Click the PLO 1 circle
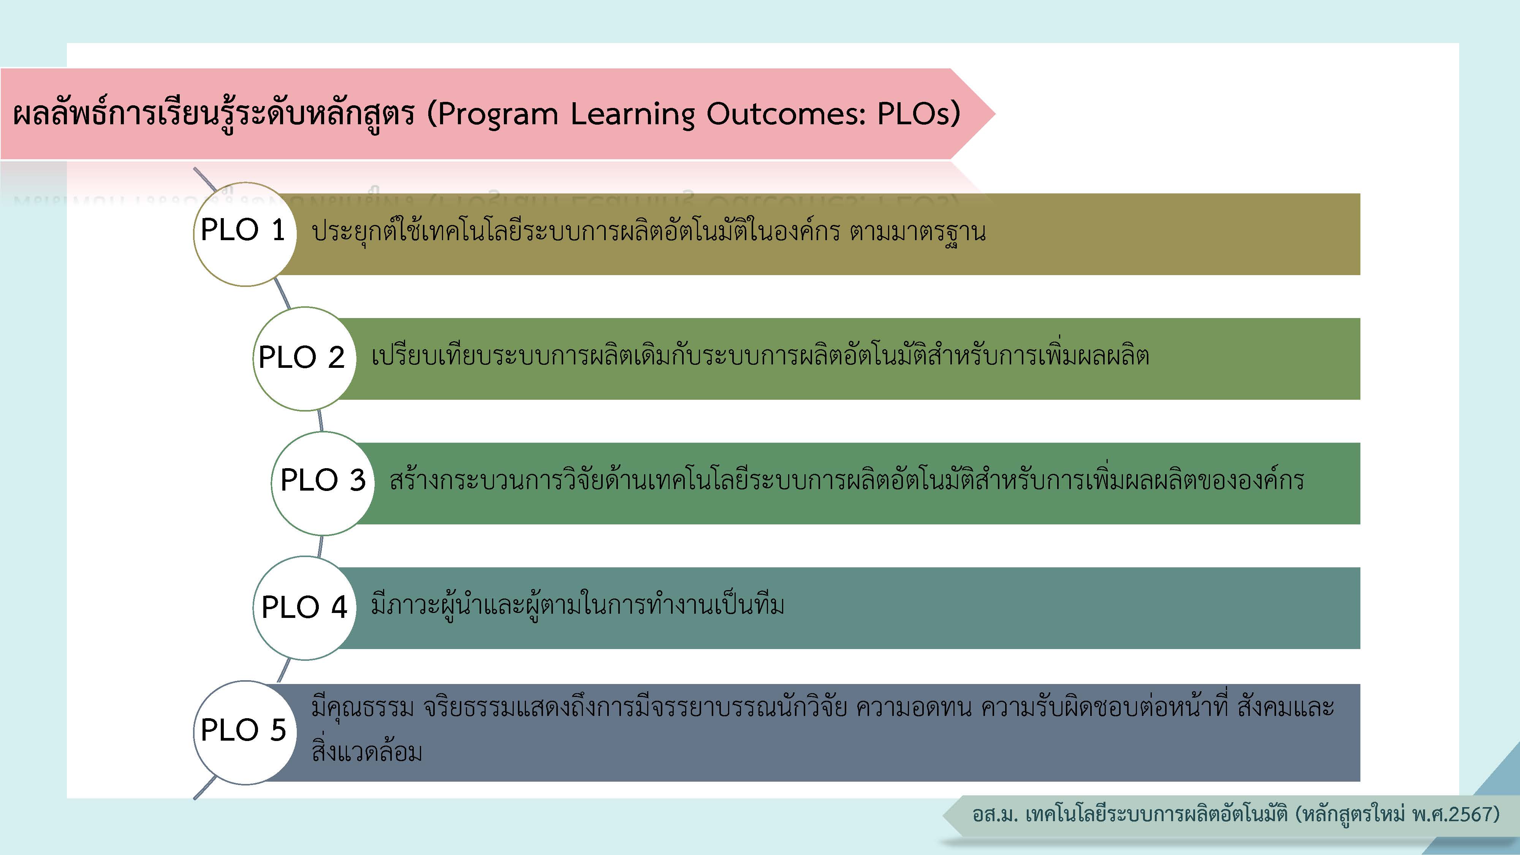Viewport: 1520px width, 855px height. click(x=245, y=234)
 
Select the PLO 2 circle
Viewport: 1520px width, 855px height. click(x=304, y=359)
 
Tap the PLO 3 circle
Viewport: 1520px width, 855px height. click(x=323, y=483)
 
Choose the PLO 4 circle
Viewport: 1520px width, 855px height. click(x=304, y=608)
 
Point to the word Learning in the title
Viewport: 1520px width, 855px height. click(x=633, y=114)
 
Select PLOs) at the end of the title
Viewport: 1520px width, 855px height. click(x=919, y=114)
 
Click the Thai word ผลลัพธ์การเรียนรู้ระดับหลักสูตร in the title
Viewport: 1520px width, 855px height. click(x=214, y=114)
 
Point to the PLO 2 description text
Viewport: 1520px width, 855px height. click(x=760, y=356)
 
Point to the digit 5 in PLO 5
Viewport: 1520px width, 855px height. click(x=279, y=730)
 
